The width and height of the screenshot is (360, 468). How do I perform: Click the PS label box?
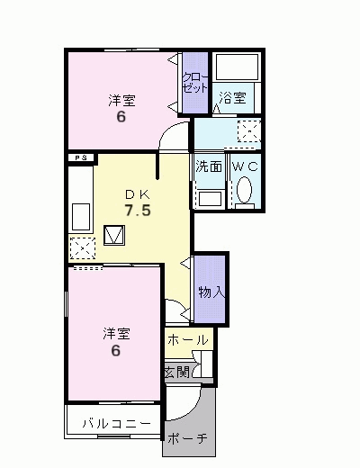click(x=81, y=157)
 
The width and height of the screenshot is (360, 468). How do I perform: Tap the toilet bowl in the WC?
click(x=244, y=190)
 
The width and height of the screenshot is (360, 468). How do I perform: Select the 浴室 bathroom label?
click(x=232, y=98)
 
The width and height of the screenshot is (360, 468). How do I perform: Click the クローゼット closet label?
click(x=195, y=82)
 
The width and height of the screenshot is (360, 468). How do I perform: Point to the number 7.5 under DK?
click(x=138, y=211)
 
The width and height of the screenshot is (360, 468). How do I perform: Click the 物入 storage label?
click(x=211, y=292)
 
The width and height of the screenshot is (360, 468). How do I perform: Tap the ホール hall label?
click(x=188, y=340)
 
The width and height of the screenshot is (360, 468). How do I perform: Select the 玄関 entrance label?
click(x=177, y=373)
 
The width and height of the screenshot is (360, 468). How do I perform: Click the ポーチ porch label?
click(x=187, y=438)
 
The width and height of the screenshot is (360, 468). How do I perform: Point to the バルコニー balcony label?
click(x=117, y=424)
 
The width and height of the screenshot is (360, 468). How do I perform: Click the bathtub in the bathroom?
click(x=237, y=67)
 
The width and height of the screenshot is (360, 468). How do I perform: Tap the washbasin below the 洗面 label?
click(x=210, y=199)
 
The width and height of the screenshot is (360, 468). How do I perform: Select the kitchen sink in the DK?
click(x=81, y=217)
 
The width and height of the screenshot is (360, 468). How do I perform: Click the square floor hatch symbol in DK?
click(x=114, y=235)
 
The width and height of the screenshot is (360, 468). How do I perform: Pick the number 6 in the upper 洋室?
click(x=121, y=117)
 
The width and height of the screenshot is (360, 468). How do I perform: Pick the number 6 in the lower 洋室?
click(x=116, y=350)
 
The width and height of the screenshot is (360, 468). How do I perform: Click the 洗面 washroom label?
click(x=209, y=166)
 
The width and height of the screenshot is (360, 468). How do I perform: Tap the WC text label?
click(x=245, y=166)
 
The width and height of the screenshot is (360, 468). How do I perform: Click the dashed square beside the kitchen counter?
click(x=83, y=248)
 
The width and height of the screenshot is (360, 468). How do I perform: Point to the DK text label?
click(x=138, y=194)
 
